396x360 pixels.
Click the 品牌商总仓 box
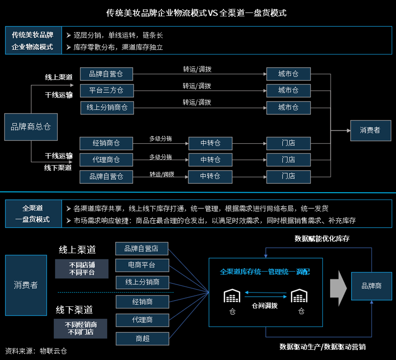[x=31, y=127]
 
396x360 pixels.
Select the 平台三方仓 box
[x=106, y=91]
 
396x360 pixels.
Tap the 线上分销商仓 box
[x=107, y=107]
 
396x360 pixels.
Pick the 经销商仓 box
[x=106, y=143]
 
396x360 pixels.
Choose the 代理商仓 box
[x=106, y=160]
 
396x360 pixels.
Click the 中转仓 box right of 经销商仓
[x=210, y=143]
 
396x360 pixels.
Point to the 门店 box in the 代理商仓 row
[x=288, y=160]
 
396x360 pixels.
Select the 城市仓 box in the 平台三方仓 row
[x=288, y=91]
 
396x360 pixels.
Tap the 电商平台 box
[x=142, y=265]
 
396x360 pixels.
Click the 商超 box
[x=142, y=338]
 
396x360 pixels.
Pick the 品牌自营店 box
[x=142, y=249]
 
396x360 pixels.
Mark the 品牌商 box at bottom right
[x=371, y=286]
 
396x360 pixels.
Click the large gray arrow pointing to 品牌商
[x=338, y=286]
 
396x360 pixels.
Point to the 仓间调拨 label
[x=264, y=305]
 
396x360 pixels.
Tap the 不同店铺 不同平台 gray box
[x=81, y=269]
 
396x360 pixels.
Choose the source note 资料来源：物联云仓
[x=36, y=351]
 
